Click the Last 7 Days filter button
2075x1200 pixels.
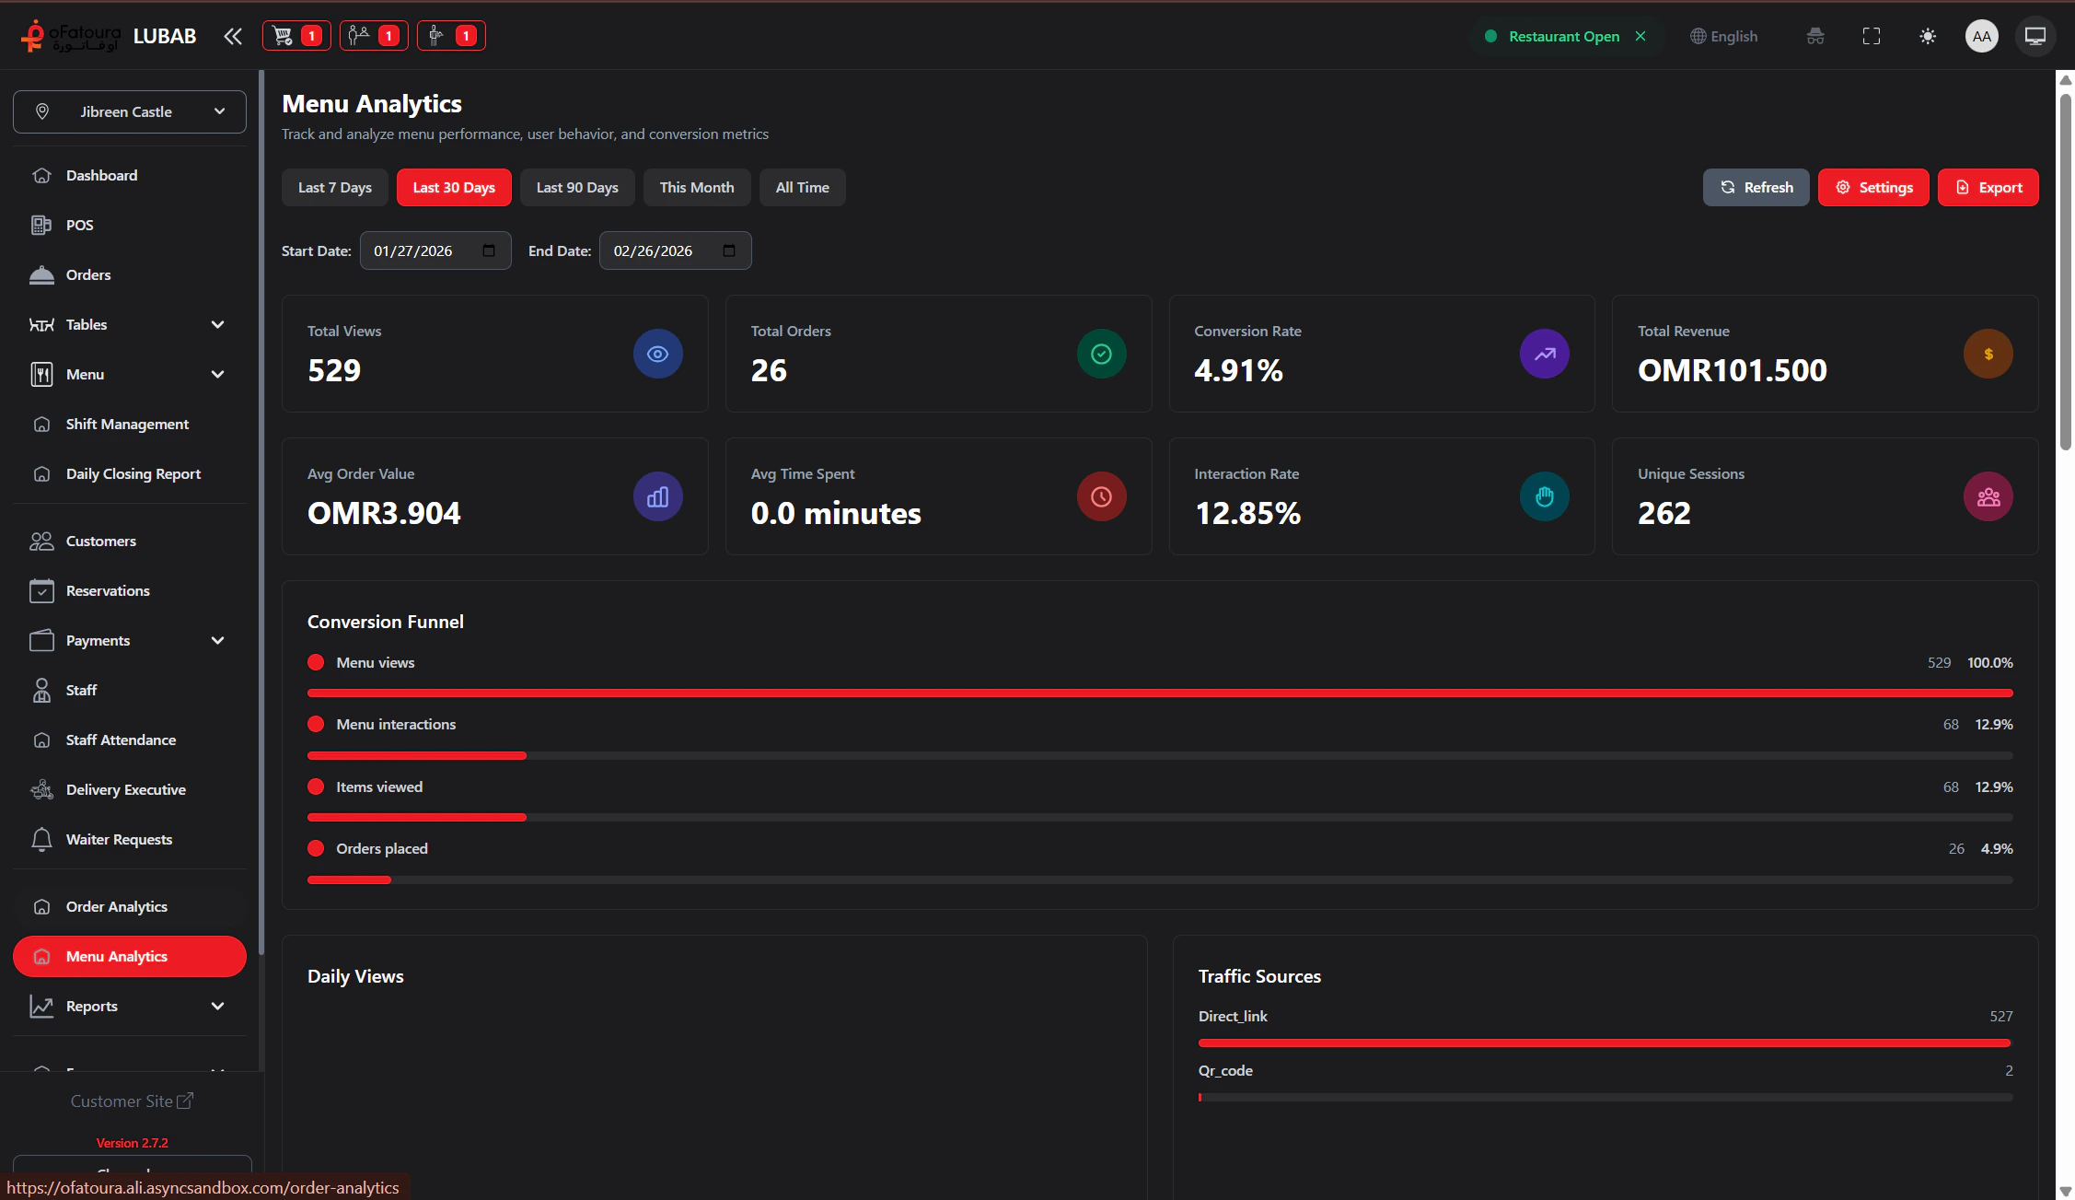[x=334, y=188]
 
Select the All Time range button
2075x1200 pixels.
[x=802, y=188]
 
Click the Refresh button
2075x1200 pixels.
[x=1756, y=188]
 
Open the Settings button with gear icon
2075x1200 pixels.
[x=1872, y=188]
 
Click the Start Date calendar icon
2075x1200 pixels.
[x=489, y=250]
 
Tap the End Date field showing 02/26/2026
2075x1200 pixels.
[x=663, y=250]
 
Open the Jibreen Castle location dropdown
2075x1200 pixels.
[x=130, y=111]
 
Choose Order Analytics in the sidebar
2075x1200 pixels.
[x=116, y=907]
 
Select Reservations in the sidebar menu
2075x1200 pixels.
[x=108, y=591]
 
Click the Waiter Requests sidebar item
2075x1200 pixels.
[x=119, y=840]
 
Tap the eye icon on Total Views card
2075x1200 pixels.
[x=657, y=354]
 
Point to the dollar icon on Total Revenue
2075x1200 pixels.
[x=1988, y=354]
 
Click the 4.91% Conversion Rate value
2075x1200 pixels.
[x=1238, y=370]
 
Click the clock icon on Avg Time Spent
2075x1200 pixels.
[x=1101, y=496]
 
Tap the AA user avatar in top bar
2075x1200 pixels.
[x=1981, y=37]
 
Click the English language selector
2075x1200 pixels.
[x=1724, y=37]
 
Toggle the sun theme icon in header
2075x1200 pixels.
[x=1928, y=37]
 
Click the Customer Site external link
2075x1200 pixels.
[x=132, y=1101]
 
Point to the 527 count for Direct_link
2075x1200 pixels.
[x=2000, y=1017]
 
